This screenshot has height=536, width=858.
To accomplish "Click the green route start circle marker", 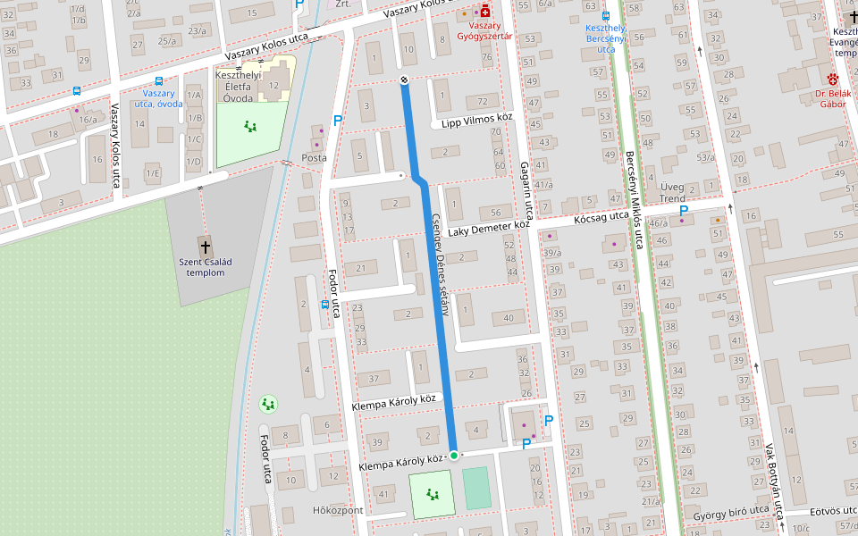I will [453, 456].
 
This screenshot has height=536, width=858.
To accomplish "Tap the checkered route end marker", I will [404, 81].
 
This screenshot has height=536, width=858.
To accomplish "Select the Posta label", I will [315, 158].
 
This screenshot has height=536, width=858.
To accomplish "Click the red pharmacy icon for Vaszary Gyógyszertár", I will [485, 12].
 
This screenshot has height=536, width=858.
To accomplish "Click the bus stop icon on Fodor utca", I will [324, 305].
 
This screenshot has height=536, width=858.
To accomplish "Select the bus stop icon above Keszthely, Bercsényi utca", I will [606, 15].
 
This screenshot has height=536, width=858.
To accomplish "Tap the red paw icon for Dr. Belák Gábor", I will [833, 80].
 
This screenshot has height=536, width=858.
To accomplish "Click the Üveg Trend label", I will [672, 192].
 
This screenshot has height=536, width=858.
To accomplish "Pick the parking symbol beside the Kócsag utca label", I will [684, 211].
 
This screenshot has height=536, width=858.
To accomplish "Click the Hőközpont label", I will [338, 510].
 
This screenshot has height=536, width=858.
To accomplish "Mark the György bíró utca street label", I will [732, 512].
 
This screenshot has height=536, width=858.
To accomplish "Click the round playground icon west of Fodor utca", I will [268, 405].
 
